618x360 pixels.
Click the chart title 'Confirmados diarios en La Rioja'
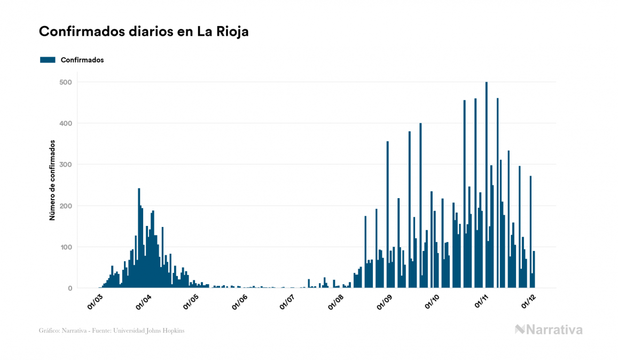point(144,32)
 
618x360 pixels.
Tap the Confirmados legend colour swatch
point(48,60)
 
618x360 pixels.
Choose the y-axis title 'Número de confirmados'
point(52,181)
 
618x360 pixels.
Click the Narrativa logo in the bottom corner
point(549,330)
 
